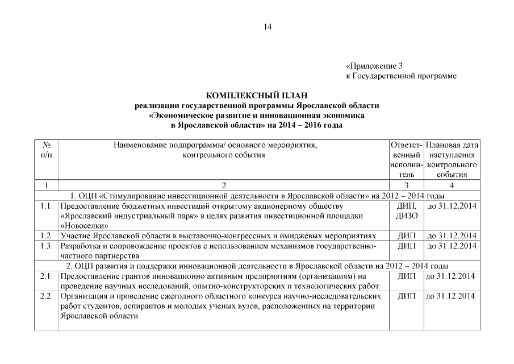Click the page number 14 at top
(x=268, y=26)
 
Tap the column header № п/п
(x=47, y=150)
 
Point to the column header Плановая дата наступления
(x=452, y=160)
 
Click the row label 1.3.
(x=47, y=246)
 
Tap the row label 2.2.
(x=47, y=296)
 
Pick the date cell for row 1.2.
(x=452, y=235)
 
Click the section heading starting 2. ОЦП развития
(x=257, y=266)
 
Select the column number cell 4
(x=452, y=185)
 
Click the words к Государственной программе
(x=402, y=76)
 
